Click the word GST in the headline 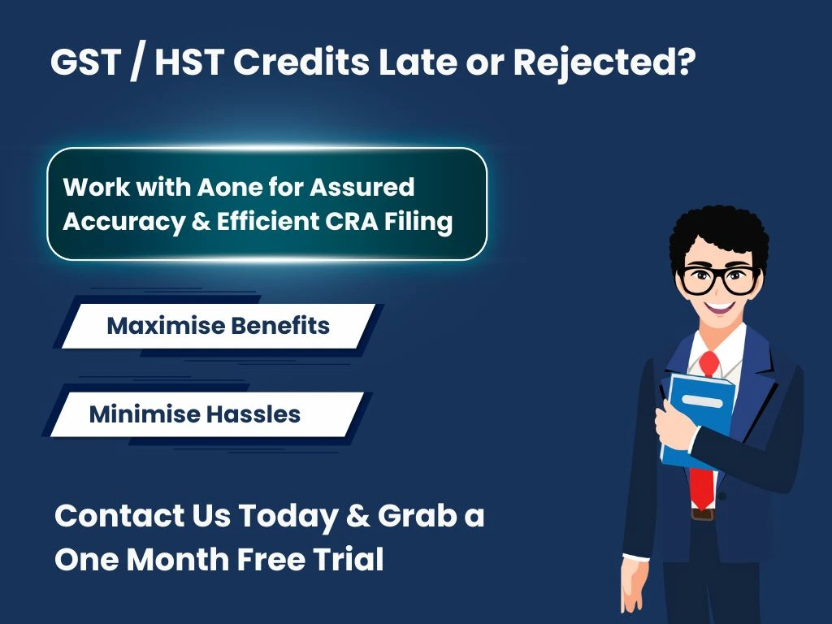(x=80, y=63)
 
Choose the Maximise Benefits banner (x=218, y=326)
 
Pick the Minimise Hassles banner (x=206, y=414)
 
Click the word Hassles (x=253, y=414)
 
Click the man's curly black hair (x=718, y=232)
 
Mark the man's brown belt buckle (x=702, y=513)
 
